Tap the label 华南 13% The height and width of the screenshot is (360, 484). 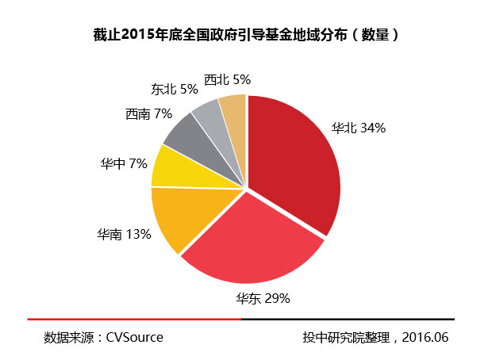124,234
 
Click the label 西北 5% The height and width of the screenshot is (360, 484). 227,79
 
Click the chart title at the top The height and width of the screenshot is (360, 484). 241,36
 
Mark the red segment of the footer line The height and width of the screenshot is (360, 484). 134,319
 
